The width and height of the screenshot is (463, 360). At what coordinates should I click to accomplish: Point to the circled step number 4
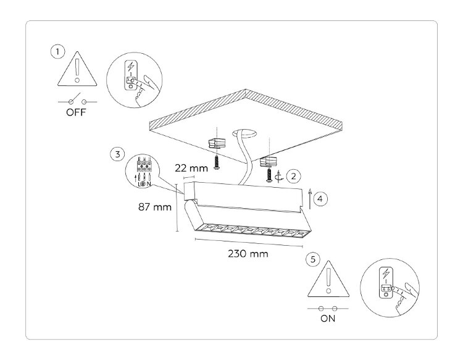tap(319, 198)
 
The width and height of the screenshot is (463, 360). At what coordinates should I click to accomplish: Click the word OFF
tap(77, 113)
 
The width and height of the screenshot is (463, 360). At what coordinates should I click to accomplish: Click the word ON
tap(328, 319)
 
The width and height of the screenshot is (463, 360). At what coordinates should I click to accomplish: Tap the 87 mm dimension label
tap(154, 207)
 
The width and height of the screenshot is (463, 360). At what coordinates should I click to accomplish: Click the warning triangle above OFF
tap(76, 70)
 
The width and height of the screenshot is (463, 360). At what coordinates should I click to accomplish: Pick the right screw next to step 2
tap(269, 175)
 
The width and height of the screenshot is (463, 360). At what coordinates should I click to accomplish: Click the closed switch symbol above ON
tap(328, 308)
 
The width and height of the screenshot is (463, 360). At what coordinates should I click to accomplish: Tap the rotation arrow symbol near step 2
tap(282, 177)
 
